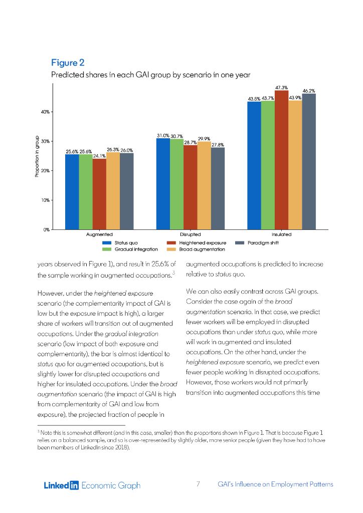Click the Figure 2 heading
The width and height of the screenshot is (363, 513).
pyautogui.click(x=68, y=63)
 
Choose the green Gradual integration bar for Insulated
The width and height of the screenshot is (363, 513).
pyautogui.click(x=268, y=165)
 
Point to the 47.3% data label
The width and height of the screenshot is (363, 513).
pyautogui.click(x=281, y=87)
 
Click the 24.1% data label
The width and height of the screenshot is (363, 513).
pyautogui.click(x=99, y=156)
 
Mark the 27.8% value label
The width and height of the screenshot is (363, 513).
pyautogui.click(x=218, y=145)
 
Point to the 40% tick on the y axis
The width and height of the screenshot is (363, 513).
pyautogui.click(x=45, y=112)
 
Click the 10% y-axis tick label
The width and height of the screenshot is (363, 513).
pyautogui.click(x=45, y=200)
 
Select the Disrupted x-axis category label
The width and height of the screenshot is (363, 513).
pyautogui.click(x=190, y=234)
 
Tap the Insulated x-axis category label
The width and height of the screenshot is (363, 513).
pyautogui.click(x=281, y=234)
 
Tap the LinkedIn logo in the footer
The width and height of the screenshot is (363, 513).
pyautogui.click(x=61, y=485)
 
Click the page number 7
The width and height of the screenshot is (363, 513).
pyautogui.click(x=198, y=484)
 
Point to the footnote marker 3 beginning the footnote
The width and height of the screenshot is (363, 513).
pyautogui.click(x=39, y=430)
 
